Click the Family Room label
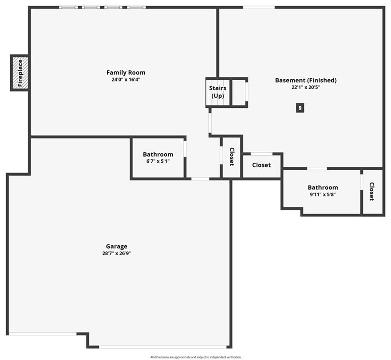click(x=125, y=72)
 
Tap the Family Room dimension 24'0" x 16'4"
click(x=125, y=80)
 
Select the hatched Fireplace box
click(x=20, y=73)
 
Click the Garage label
click(x=117, y=247)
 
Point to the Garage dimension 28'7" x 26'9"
click(x=117, y=254)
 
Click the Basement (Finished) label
click(x=306, y=80)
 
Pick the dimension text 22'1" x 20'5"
click(x=306, y=87)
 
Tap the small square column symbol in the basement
click(x=300, y=108)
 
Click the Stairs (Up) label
click(x=218, y=91)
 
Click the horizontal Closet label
click(x=261, y=165)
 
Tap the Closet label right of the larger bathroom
click(x=371, y=191)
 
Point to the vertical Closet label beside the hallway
click(x=232, y=157)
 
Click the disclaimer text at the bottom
click(x=196, y=357)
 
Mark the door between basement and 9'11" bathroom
click(x=317, y=169)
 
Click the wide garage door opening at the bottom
click(x=162, y=347)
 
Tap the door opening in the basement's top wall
click(x=259, y=7)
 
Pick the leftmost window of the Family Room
click(x=68, y=7)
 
